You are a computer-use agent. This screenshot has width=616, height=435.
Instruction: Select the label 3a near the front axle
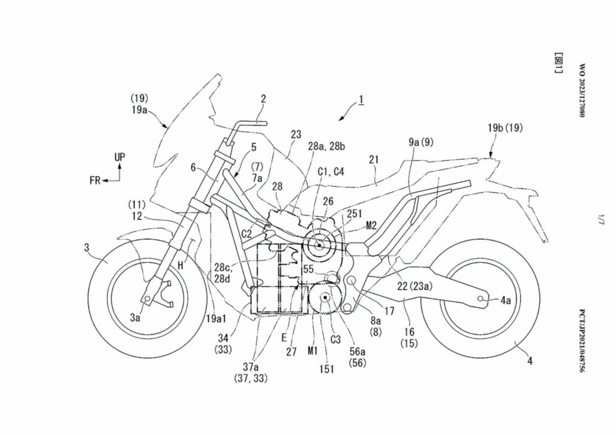tap(136, 318)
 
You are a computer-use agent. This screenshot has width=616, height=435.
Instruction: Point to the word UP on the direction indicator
tap(120, 157)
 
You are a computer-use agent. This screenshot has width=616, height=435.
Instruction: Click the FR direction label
tap(95, 180)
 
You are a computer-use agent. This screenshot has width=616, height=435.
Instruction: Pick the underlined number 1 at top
tap(361, 100)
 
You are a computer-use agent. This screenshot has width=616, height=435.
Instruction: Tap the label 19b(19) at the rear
tap(505, 127)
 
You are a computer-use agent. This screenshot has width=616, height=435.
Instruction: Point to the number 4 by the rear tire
tap(529, 360)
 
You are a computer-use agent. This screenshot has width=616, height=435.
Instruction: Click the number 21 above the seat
tap(375, 160)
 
